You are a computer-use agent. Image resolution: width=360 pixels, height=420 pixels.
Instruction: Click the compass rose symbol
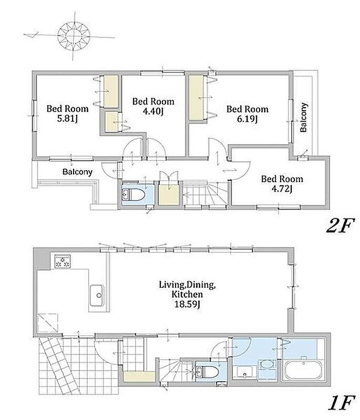coord(74,37)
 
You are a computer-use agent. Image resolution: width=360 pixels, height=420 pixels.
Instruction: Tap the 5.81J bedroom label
coord(68,113)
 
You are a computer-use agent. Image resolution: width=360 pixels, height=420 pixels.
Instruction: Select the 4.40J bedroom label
coord(153,106)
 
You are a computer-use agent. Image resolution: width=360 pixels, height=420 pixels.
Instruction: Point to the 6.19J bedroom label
coord(248,113)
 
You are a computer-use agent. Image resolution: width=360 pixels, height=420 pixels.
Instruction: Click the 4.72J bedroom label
coord(282,184)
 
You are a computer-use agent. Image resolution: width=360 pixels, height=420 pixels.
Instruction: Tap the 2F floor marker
coord(340,226)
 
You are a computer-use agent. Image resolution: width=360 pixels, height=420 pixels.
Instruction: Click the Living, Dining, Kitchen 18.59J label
coord(188,294)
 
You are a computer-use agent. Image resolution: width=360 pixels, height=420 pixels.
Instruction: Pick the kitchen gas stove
coord(63,261)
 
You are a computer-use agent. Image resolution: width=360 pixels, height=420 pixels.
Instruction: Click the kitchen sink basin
coord(97,296)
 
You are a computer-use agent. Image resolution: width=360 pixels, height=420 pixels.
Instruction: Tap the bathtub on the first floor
coord(303,370)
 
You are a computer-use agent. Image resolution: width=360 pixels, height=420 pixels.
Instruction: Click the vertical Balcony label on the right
coord(304,117)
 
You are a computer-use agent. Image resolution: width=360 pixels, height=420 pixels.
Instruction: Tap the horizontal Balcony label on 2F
coord(77,172)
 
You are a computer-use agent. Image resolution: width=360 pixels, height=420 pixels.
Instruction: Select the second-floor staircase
coord(205,193)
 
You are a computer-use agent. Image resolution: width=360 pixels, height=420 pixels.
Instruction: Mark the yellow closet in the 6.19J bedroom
coord(196,98)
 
